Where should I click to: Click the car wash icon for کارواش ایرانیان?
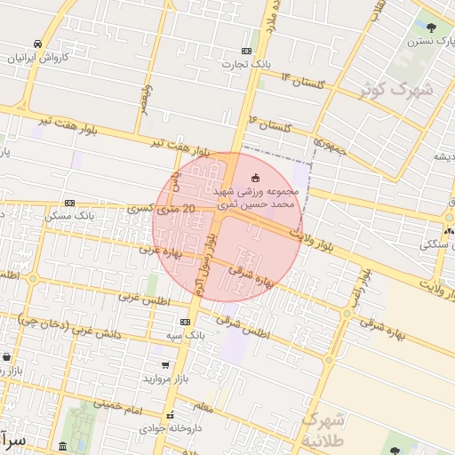tap(37, 44)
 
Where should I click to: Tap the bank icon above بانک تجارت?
tap(246, 51)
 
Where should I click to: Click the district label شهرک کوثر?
tap(395, 89)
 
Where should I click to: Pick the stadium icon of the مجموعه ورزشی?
tap(257, 179)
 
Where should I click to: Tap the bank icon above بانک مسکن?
tap(87, 204)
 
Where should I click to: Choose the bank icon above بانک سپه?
tap(185, 322)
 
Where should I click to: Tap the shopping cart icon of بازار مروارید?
tap(165, 364)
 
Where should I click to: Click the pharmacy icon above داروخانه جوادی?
tap(170, 414)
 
